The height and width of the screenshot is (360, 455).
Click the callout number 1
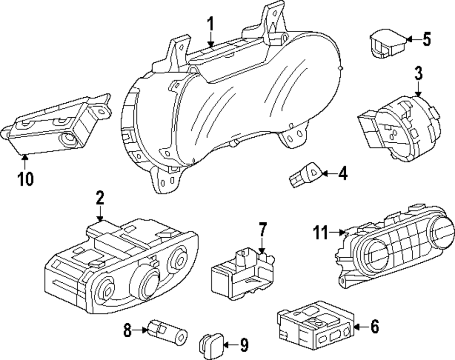click(210, 24)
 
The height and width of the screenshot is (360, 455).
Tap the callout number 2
click(100, 199)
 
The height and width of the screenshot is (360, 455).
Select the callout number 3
click(418, 72)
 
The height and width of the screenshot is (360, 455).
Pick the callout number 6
click(374, 326)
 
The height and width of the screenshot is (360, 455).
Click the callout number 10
click(25, 179)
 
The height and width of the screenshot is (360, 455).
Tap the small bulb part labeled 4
click(306, 175)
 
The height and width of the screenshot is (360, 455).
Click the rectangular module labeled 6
click(314, 325)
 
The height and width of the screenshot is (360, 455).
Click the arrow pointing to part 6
click(359, 326)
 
